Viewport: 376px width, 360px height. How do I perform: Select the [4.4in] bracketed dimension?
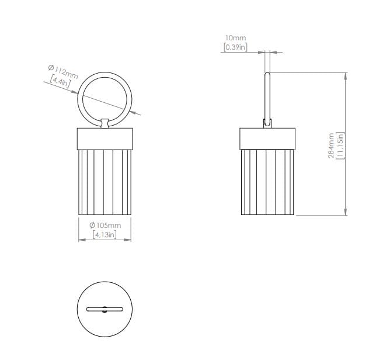60,83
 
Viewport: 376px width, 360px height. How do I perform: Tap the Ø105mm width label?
105,226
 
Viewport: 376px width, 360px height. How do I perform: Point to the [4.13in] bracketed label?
105,235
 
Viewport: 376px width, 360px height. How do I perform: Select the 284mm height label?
332,144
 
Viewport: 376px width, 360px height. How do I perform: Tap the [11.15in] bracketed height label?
340,144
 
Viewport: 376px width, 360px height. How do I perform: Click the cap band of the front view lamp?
105,138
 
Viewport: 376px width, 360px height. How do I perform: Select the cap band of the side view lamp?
268,138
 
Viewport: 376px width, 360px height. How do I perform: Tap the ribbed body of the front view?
105,181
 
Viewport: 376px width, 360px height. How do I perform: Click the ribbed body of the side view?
268,181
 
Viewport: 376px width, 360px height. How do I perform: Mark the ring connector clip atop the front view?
105,123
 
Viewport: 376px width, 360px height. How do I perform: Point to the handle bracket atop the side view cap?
267,123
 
